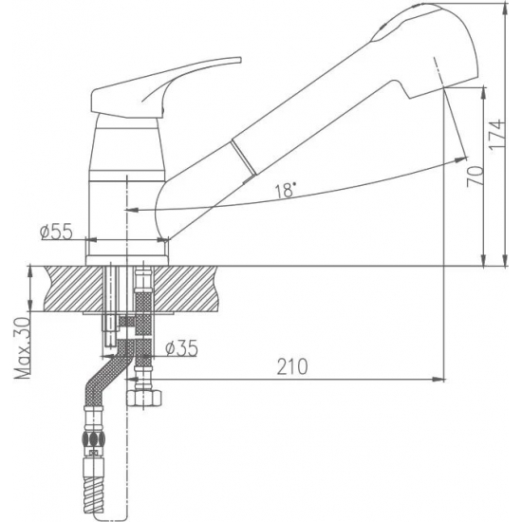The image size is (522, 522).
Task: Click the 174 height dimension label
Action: tap(497, 135)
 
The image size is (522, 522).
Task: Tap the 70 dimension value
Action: tap(475, 177)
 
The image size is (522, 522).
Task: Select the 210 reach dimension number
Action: tap(292, 366)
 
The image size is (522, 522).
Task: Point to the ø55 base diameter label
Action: tap(56, 231)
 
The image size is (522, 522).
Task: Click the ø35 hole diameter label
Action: tap(181, 348)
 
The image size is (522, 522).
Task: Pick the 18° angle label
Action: tap(286, 191)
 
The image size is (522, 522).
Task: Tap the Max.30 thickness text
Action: tap(23, 348)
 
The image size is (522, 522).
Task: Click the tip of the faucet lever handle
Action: tap(240, 59)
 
